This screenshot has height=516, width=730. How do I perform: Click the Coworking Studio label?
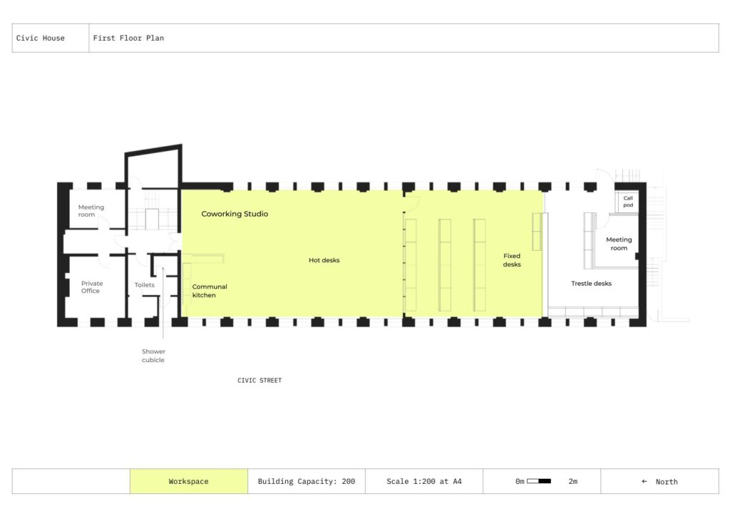[x=235, y=214]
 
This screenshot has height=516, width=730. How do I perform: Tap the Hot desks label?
[x=324, y=260]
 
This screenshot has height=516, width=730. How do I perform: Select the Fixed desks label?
[x=512, y=260]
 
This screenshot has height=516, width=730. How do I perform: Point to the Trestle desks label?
[x=591, y=284]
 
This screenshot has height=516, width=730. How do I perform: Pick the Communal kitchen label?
[x=210, y=291]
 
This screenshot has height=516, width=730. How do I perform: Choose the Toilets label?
[x=144, y=285]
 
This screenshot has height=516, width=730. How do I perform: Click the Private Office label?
[x=92, y=287]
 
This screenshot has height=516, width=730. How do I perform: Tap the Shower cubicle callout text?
[x=153, y=356]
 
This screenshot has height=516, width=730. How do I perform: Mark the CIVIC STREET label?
[x=259, y=380]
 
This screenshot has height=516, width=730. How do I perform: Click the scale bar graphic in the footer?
[x=539, y=481]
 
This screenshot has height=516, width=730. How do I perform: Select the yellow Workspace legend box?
[x=188, y=481]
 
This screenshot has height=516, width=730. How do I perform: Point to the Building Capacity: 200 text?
[x=307, y=481]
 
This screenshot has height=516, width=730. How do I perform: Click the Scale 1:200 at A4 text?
[x=423, y=481]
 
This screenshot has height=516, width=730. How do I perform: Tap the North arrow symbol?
[x=644, y=481]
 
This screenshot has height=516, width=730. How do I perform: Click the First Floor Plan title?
[x=128, y=38]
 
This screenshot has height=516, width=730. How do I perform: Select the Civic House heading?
[x=41, y=38]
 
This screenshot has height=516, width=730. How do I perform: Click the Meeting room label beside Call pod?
[x=619, y=244]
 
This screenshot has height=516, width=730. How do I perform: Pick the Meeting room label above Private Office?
[x=91, y=211]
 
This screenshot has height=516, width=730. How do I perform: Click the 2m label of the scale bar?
[x=572, y=481]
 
